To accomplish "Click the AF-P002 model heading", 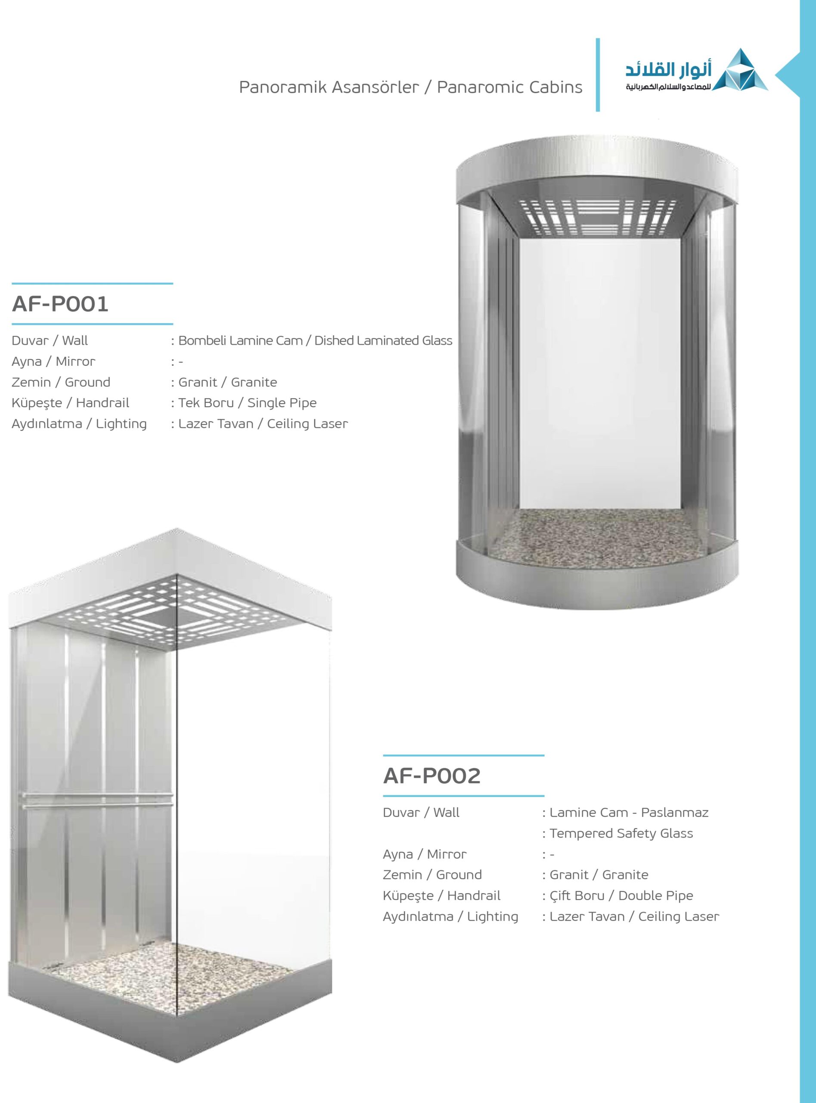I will click(x=431, y=776).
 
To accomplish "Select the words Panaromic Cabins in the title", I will click(x=509, y=87).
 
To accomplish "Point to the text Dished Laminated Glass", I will click(x=383, y=340).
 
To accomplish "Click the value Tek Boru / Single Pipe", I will click(x=247, y=403).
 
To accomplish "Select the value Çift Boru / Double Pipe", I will click(x=621, y=895).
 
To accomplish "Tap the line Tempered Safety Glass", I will click(x=621, y=833).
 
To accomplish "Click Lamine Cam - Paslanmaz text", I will click(x=628, y=813).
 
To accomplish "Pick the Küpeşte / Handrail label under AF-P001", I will click(x=70, y=403).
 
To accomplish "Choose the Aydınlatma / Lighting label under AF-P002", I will click(x=450, y=916).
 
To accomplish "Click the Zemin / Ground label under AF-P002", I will click(x=432, y=875).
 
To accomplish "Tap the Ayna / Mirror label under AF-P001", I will click(x=53, y=361).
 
